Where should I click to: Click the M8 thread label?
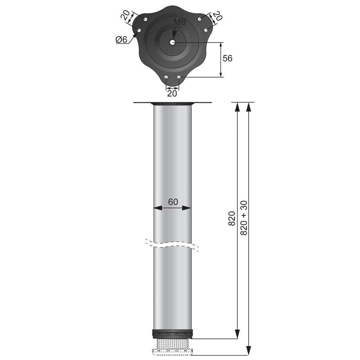click(x=180, y=22)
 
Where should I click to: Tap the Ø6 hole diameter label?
click(x=122, y=40)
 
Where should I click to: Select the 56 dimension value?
click(x=228, y=58)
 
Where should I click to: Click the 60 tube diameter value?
click(x=173, y=202)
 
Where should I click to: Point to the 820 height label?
click(x=232, y=219)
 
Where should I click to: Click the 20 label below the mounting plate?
click(x=172, y=93)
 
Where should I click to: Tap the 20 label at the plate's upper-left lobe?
click(x=125, y=16)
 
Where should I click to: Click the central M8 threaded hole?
click(x=173, y=42)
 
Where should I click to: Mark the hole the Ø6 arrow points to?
click(x=139, y=30)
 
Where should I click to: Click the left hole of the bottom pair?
click(x=166, y=77)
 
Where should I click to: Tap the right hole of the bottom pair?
click(x=179, y=77)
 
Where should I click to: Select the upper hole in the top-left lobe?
click(x=145, y=19)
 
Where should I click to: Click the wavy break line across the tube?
click(x=172, y=244)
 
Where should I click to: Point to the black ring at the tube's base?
click(x=172, y=333)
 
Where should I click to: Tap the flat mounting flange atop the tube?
click(x=172, y=103)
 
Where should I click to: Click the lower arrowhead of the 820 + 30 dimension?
click(x=248, y=351)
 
